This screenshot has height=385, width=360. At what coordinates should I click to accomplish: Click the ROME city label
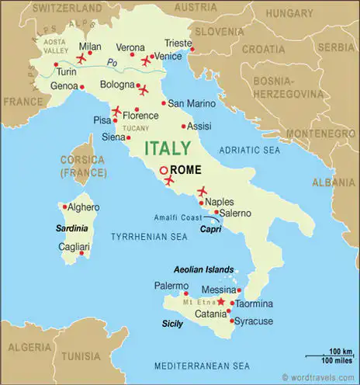point(185,170)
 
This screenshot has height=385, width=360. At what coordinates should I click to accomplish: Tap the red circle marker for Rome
point(164,171)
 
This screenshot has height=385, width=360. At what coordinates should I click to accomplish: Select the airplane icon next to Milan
point(81,58)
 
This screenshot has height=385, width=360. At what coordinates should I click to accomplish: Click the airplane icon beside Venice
point(145,60)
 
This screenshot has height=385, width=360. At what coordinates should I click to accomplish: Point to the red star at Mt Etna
point(220,300)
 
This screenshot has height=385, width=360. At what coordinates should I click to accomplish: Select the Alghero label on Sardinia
point(84,207)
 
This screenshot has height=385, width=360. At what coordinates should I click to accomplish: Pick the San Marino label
point(189,103)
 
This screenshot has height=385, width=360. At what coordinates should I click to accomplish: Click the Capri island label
point(210,229)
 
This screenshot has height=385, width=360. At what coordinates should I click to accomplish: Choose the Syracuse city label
point(254,321)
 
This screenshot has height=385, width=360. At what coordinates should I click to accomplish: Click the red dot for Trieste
point(192,51)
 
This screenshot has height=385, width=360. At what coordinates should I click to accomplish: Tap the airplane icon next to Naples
point(203,191)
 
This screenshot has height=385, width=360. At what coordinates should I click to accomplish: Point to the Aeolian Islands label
point(197,270)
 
